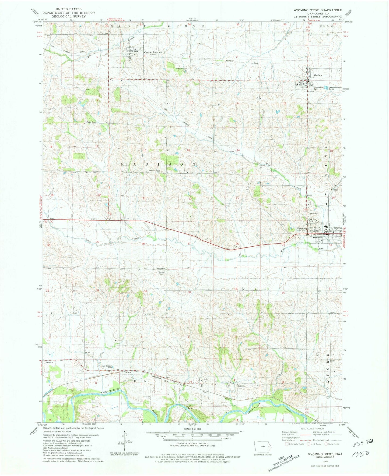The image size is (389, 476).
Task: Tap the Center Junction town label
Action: click(x=153, y=52)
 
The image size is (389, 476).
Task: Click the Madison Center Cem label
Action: click(x=155, y=171)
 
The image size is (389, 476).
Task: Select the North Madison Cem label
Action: click(x=182, y=69)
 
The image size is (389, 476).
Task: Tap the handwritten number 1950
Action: click(x=361, y=454)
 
